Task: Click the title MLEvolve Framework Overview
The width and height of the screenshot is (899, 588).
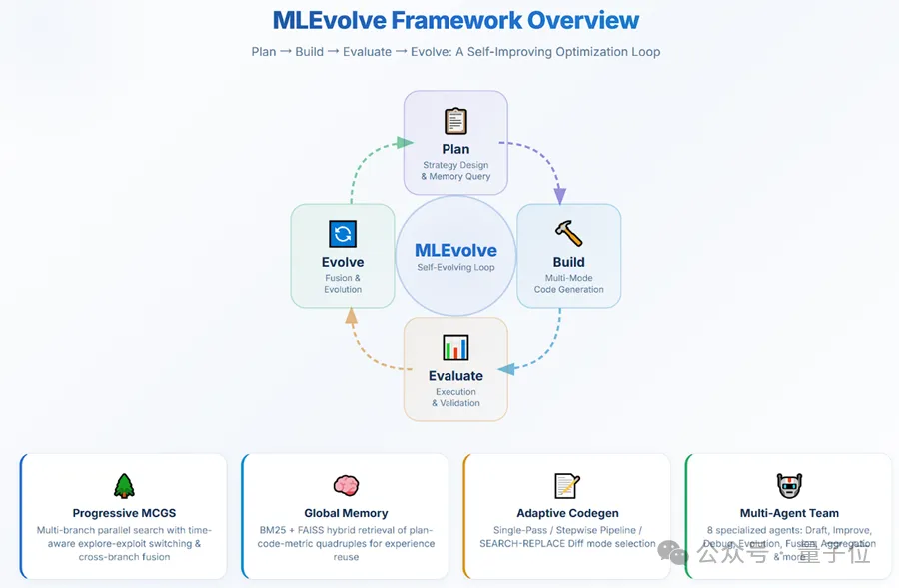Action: (x=455, y=20)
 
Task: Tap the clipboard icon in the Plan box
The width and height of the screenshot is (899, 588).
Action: (x=455, y=121)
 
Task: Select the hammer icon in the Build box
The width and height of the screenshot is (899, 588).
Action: (x=568, y=234)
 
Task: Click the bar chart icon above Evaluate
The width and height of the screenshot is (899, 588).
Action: (x=455, y=347)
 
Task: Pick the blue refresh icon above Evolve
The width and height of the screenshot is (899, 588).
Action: (x=343, y=234)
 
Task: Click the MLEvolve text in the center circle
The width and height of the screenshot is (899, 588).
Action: (x=455, y=250)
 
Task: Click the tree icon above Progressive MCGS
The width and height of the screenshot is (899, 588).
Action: (x=124, y=486)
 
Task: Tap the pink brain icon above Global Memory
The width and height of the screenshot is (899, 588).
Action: (x=346, y=486)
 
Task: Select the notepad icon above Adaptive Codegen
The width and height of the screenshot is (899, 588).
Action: (x=567, y=486)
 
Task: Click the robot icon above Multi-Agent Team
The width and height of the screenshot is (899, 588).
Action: (x=789, y=486)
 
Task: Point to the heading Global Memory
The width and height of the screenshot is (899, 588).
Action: (x=346, y=513)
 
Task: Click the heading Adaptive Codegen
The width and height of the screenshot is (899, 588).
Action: (x=567, y=513)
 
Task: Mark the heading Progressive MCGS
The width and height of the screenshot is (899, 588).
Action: (x=124, y=513)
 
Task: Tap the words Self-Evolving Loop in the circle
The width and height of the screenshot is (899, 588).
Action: (x=455, y=268)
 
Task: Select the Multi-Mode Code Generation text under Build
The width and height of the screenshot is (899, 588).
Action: (x=568, y=283)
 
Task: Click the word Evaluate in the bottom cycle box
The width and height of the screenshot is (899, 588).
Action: (x=455, y=376)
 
